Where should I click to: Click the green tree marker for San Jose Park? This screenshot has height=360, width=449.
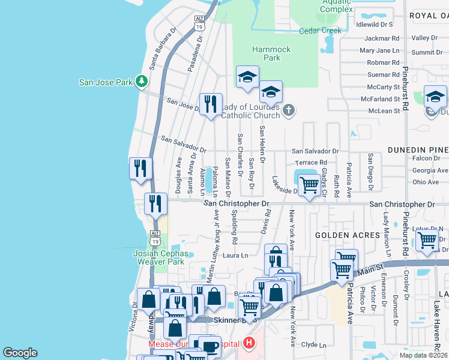point(141,80)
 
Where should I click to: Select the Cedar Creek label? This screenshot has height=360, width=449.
point(319,31)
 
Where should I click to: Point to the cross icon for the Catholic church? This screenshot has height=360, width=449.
point(289,110)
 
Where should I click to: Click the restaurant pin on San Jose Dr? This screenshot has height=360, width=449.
point(210,105)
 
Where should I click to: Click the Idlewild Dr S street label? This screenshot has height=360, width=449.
point(374,25)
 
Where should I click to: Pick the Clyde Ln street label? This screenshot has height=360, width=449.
point(313,345)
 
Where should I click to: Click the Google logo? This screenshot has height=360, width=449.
point(20,353)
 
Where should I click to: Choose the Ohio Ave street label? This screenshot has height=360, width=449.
point(426,182)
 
